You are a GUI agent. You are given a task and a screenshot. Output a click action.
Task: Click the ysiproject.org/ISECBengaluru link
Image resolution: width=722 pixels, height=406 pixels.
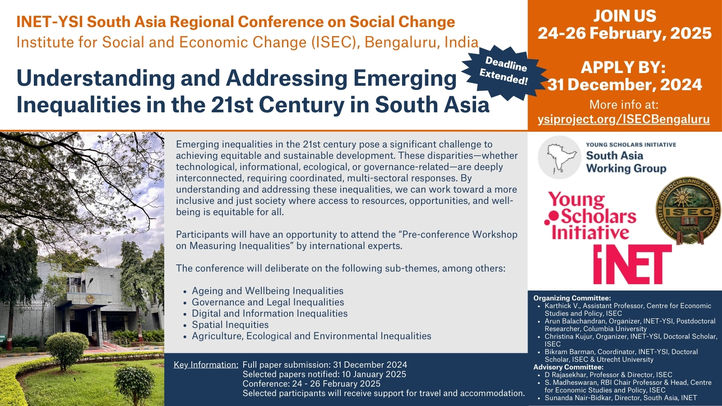624,120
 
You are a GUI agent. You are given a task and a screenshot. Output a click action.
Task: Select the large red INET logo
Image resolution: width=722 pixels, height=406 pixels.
632,264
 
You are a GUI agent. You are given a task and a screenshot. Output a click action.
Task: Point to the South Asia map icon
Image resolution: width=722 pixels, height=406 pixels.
559,157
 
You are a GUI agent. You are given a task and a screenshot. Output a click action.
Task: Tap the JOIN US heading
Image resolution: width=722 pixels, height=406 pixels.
625,16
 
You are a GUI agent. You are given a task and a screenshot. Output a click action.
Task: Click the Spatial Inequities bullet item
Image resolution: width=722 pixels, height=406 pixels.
230,324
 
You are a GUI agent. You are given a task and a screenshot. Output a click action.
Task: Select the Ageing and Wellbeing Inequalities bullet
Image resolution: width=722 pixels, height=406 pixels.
268,291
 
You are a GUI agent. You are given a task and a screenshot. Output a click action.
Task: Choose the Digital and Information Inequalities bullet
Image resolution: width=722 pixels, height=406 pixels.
269,313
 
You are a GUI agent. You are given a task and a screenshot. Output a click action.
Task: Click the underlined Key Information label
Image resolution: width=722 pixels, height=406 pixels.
206,365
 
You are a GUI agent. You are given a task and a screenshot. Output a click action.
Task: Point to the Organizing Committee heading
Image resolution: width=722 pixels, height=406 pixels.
572,298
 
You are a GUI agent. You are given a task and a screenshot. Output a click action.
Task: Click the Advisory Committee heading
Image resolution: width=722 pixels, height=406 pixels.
568,367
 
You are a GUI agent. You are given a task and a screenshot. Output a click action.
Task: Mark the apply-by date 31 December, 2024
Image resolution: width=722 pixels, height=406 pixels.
625,84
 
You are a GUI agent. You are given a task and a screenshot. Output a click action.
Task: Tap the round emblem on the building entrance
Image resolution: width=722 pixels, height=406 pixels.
90,299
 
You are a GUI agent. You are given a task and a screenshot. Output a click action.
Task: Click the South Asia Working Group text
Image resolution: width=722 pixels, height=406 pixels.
626,162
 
